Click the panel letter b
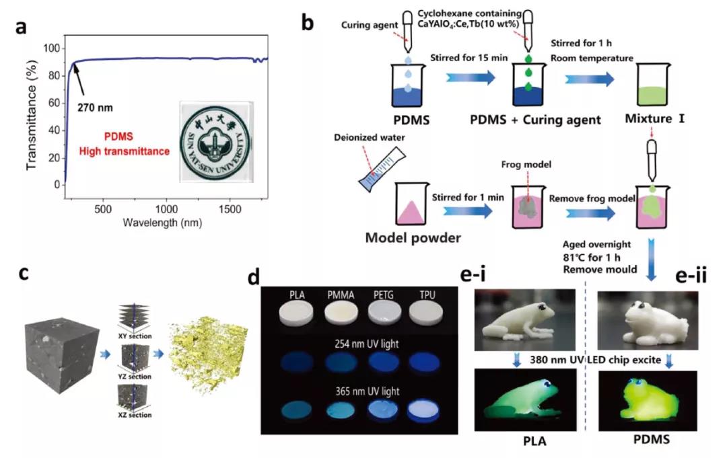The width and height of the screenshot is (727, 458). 307,24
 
